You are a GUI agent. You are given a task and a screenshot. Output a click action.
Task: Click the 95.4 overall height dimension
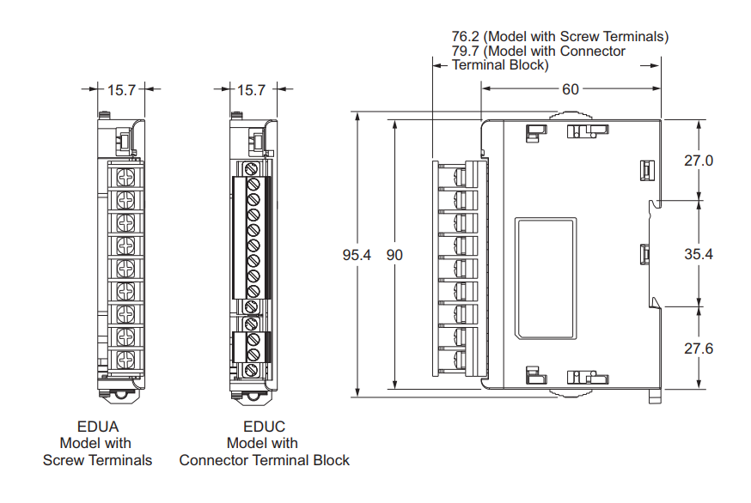[357, 255]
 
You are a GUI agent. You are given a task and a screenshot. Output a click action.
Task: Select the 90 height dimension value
[394, 255]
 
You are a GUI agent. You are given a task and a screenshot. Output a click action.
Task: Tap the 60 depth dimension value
[571, 88]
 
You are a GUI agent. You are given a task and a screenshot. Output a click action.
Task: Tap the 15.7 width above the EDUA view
[122, 88]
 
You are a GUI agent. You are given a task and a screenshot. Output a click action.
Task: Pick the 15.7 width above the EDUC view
[251, 88]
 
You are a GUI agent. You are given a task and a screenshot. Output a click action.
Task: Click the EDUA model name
[97, 427]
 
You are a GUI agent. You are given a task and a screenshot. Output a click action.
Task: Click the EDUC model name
[264, 427]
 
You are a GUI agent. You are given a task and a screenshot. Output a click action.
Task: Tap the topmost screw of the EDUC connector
[253, 169]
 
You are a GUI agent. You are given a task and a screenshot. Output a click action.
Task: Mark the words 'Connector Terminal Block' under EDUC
[264, 460]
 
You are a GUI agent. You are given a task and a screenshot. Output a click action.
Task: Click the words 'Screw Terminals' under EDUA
[97, 460]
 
